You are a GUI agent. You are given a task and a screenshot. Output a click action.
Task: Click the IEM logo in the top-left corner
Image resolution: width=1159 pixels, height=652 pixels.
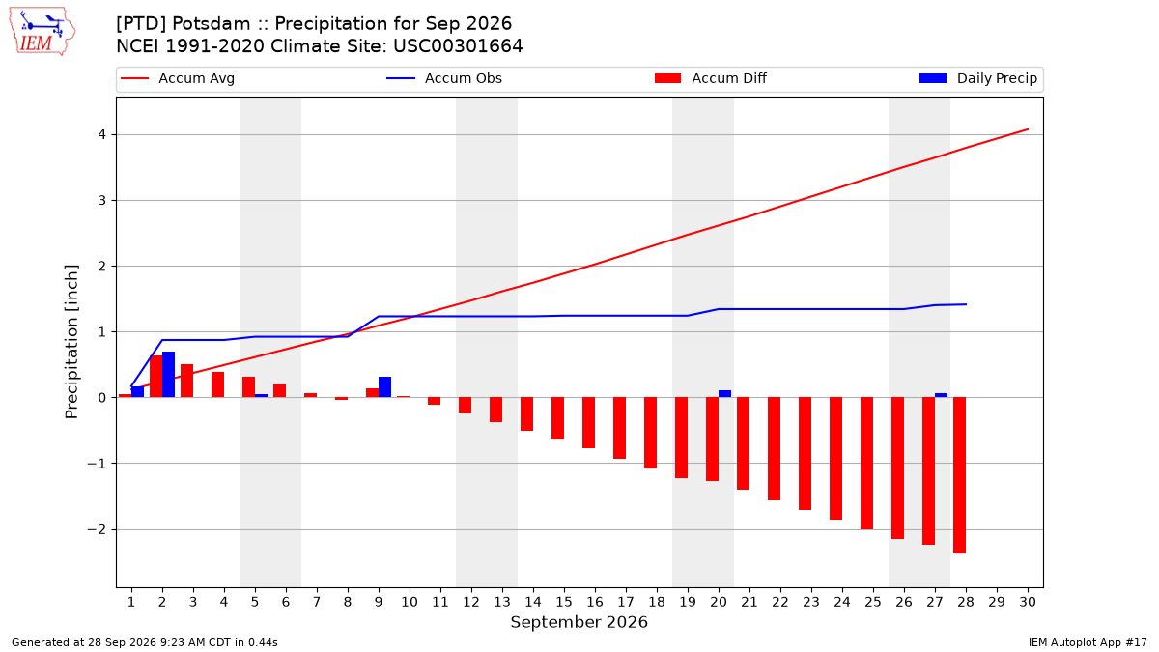tap(42, 32)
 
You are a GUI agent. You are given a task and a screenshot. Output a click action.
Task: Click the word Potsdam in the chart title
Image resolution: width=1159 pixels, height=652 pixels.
tap(212, 24)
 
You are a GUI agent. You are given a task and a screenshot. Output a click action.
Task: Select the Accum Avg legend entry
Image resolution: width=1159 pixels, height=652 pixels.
tap(178, 78)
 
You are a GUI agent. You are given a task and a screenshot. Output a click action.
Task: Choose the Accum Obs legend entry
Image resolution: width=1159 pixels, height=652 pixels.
tap(444, 78)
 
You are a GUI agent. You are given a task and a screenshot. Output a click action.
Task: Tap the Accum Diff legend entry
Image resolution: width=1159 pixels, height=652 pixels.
tap(711, 78)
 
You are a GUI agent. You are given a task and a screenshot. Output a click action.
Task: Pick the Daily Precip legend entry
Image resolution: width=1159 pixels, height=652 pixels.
tap(977, 78)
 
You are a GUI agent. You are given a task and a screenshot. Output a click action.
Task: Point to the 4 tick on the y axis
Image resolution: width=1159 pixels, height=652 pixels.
tap(101, 134)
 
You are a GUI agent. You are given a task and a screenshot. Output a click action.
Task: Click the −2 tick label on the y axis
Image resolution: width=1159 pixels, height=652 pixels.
tap(97, 530)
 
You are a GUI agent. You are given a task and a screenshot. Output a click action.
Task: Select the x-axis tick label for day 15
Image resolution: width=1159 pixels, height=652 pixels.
tap(564, 602)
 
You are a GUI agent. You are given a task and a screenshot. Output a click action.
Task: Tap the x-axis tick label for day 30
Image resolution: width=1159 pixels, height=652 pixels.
tap(1028, 602)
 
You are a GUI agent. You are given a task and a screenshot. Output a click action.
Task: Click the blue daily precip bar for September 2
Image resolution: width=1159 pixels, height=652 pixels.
tap(169, 375)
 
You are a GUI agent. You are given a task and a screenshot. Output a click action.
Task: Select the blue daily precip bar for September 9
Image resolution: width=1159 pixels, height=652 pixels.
tap(385, 387)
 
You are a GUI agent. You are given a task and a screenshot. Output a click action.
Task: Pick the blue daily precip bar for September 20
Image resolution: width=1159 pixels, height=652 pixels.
tap(725, 394)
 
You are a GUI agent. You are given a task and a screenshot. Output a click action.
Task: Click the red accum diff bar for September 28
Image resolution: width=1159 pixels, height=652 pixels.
tap(960, 475)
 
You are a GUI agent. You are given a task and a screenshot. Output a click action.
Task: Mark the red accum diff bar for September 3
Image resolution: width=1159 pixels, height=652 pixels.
tap(186, 381)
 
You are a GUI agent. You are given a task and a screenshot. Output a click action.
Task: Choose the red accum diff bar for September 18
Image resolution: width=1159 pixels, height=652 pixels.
tap(650, 433)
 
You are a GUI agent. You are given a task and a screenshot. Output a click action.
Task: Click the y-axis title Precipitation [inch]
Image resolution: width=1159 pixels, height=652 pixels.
tap(71, 342)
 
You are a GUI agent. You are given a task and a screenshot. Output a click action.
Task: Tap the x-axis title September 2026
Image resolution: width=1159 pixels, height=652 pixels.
tap(579, 622)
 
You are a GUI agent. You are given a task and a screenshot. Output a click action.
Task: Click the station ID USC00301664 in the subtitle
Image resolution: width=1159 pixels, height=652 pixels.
tap(458, 46)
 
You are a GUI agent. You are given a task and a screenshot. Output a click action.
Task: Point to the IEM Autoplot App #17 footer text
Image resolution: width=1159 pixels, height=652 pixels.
tap(1088, 642)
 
